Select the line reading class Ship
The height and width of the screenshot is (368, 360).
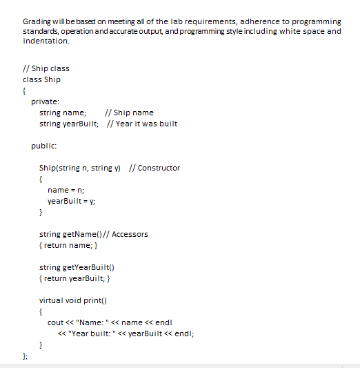(x=41, y=79)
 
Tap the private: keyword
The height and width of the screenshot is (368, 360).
(x=44, y=101)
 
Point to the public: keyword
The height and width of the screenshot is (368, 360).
(x=43, y=146)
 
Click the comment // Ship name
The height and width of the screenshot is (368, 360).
(x=128, y=113)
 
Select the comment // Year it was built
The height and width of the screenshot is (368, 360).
(x=143, y=124)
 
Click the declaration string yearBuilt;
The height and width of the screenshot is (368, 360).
(x=69, y=124)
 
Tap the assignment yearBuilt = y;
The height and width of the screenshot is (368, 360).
(x=71, y=201)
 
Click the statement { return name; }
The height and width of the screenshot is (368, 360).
(x=72, y=245)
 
